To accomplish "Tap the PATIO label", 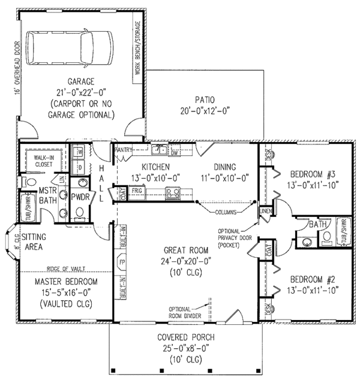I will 205,99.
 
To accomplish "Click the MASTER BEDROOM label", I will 65,281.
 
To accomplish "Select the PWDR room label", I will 80,196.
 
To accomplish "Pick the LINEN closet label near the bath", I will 265,212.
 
